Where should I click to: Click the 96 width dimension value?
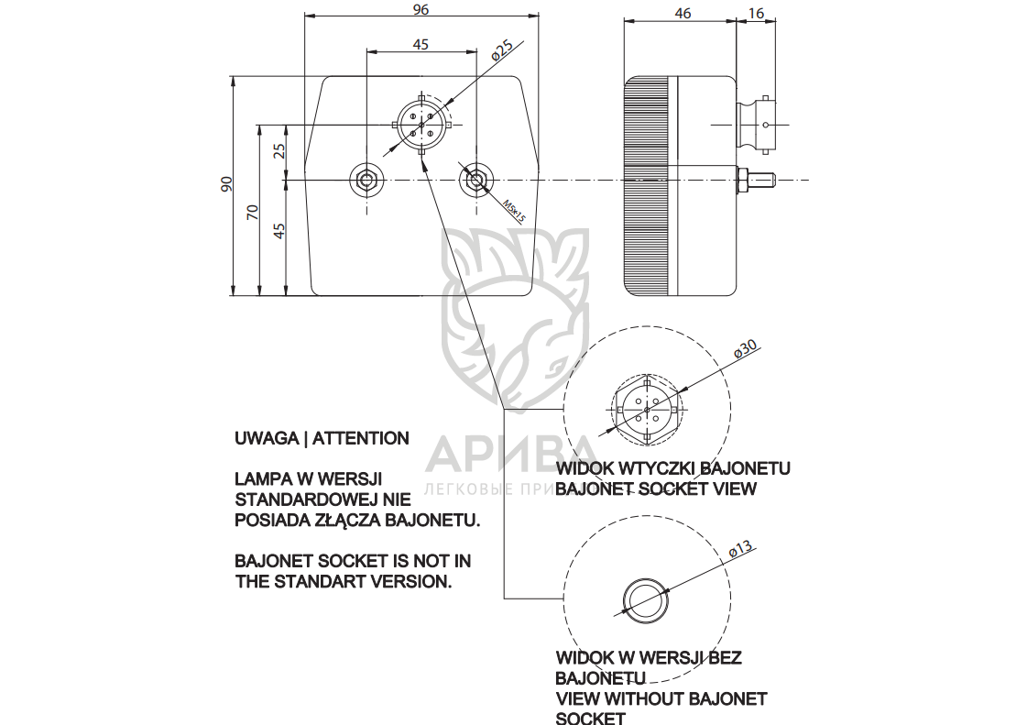(x=421, y=9)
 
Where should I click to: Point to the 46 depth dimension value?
(x=682, y=13)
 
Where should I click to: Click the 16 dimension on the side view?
(x=756, y=13)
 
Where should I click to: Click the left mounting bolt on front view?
(x=366, y=179)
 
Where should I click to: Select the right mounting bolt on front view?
(x=475, y=179)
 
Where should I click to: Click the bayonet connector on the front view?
(x=421, y=126)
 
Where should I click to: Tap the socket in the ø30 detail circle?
(x=647, y=408)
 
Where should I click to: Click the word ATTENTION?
(x=361, y=438)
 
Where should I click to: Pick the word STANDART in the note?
(x=315, y=581)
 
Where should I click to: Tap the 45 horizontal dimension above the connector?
(x=421, y=44)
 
